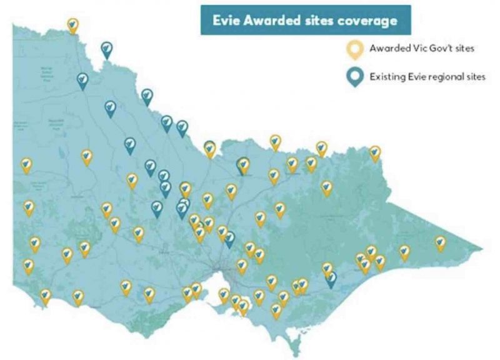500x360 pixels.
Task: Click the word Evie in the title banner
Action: click(x=228, y=21)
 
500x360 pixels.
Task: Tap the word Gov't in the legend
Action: click(x=448, y=48)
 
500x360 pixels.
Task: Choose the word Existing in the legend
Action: click(x=388, y=77)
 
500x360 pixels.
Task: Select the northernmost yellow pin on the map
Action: click(x=73, y=26)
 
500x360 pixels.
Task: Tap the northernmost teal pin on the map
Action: click(x=107, y=49)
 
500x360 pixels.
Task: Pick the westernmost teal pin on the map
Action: click(x=82, y=80)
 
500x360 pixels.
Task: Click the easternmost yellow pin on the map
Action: click(x=441, y=242)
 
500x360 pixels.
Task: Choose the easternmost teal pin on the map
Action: click(x=331, y=278)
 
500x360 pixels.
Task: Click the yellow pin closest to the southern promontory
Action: click(x=276, y=310)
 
